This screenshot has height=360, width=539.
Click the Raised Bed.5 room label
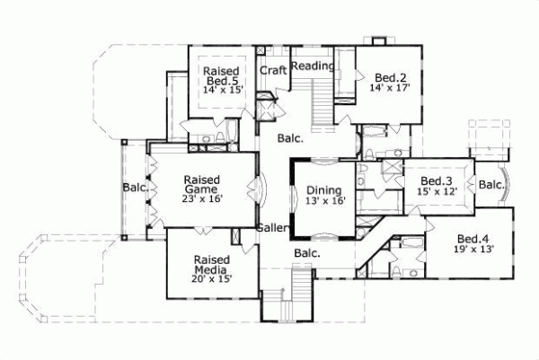(x=220, y=77)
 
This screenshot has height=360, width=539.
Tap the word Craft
(x=273, y=69)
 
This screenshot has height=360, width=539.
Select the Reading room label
(x=314, y=65)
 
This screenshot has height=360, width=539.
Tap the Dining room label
(x=322, y=190)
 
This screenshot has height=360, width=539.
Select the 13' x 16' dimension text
(x=322, y=203)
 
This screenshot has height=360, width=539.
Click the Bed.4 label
(x=473, y=238)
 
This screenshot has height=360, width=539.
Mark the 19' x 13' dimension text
(x=473, y=251)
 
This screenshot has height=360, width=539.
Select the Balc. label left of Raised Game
(x=135, y=189)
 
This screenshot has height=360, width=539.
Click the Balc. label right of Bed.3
(x=491, y=185)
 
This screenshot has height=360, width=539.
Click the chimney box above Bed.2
(x=378, y=41)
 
